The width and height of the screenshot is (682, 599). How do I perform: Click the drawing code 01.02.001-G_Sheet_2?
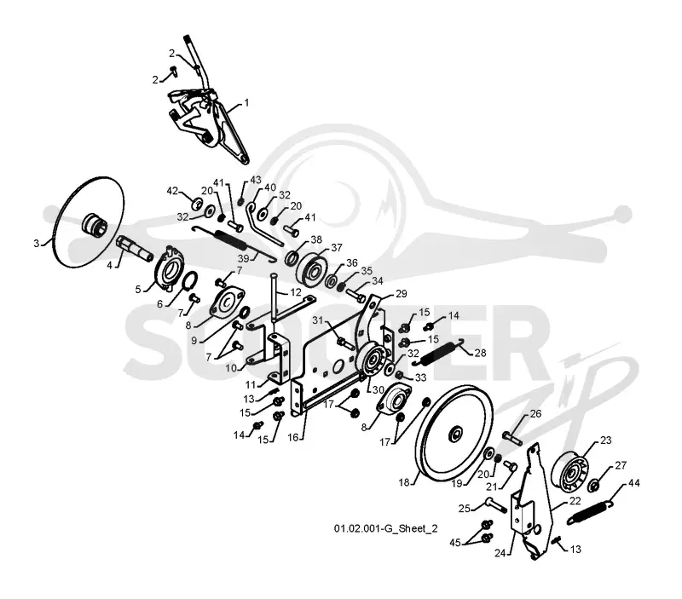(386, 528)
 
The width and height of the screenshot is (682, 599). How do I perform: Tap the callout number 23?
(606, 441)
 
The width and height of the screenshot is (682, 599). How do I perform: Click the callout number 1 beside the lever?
(246, 103)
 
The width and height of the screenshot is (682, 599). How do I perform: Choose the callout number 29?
(401, 294)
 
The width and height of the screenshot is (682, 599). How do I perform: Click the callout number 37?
(337, 247)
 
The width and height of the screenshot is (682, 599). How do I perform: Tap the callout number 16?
(293, 437)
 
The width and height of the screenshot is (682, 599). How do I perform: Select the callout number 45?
(455, 543)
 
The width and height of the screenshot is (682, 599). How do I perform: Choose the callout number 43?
(256, 180)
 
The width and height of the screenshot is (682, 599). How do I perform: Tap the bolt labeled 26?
(512, 437)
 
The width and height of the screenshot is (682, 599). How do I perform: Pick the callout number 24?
(500, 553)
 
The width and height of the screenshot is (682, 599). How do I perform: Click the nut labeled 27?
(592, 485)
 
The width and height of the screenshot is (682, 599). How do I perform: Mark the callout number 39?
(244, 259)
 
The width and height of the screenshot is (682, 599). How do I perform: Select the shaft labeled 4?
(135, 248)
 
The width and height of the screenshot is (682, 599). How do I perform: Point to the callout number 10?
(231, 368)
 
